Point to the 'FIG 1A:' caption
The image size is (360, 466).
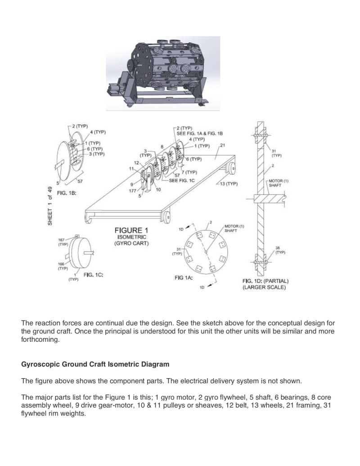pos(184,278)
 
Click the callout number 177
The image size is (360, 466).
pos(132,191)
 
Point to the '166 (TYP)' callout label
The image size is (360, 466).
pos(62,266)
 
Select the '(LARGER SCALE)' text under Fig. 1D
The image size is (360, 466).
pos(264,287)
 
